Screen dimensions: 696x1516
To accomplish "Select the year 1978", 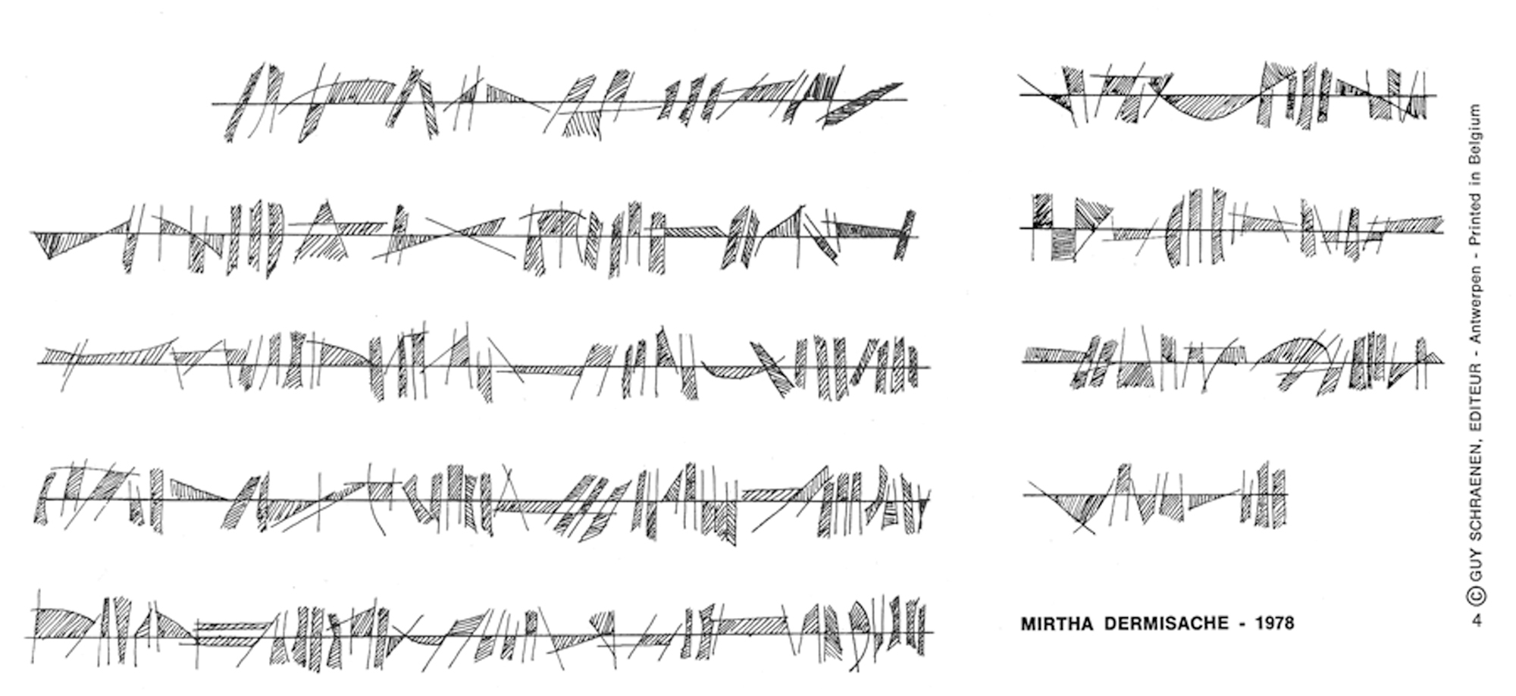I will pyautogui.click(x=1274, y=624).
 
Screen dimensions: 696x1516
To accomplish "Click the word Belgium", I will pyautogui.click(x=1476, y=129).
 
